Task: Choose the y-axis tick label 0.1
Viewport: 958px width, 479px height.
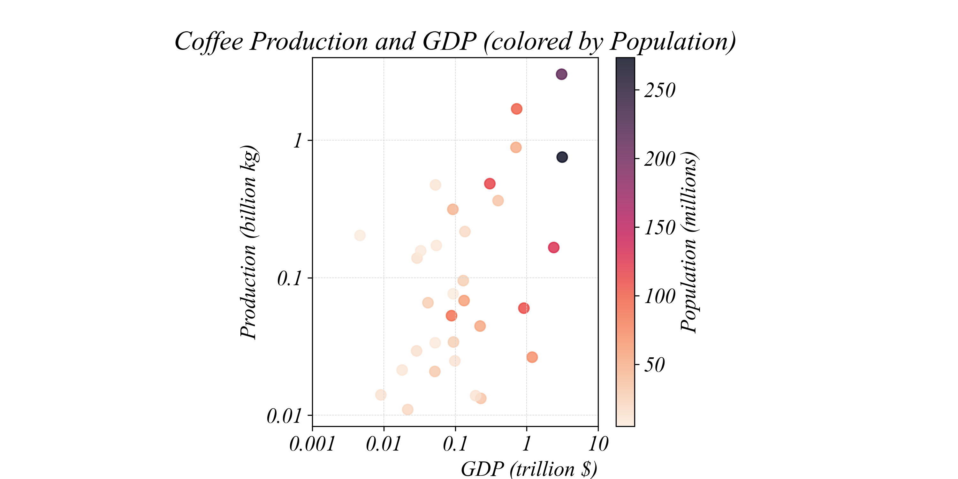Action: click(289, 278)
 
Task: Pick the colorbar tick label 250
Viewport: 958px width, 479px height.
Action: click(660, 90)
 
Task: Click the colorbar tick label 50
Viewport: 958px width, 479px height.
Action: click(655, 365)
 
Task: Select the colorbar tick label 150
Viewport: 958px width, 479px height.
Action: click(660, 228)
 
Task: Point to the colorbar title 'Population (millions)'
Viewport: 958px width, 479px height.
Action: click(689, 242)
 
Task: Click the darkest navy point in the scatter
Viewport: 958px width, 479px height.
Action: click(562, 157)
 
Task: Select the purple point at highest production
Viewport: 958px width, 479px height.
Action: click(562, 74)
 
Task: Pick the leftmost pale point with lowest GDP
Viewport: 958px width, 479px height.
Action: click(360, 235)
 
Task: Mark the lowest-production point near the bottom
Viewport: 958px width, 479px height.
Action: click(407, 409)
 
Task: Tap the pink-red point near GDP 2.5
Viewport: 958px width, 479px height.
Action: click(553, 247)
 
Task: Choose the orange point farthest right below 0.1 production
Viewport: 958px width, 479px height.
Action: click(532, 357)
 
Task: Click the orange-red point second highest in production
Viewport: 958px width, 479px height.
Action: click(516, 109)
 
